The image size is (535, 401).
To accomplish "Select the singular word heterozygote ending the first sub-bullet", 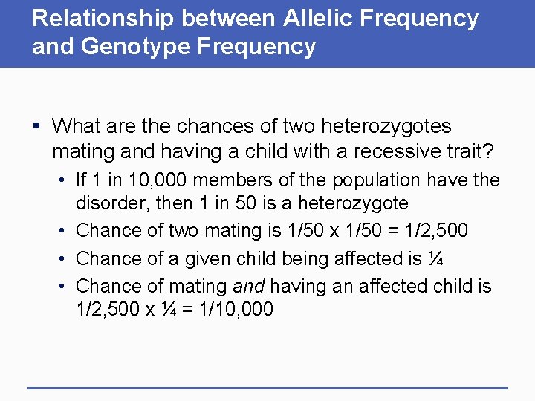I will tap(348, 203).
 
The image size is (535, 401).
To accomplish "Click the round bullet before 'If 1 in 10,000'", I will tap(65, 180).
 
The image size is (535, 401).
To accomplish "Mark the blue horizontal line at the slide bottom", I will tap(267, 388).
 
